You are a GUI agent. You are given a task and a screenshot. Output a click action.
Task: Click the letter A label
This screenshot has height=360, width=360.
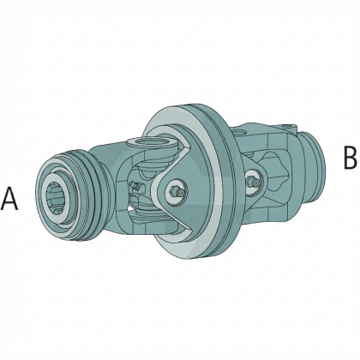point(9,199)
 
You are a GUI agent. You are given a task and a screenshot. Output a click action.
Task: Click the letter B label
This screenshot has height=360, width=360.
point(351,157)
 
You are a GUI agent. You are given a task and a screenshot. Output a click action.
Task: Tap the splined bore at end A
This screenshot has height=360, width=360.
point(58,198)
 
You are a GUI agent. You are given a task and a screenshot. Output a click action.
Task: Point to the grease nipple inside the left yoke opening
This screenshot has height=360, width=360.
point(135,186)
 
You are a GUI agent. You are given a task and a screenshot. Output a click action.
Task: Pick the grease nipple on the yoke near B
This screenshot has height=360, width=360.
point(254,182)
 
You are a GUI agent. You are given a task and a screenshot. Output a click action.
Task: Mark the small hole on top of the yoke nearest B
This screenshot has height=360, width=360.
point(287,126)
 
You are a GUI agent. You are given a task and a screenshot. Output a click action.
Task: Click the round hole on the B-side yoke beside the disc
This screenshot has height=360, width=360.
point(239,133)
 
